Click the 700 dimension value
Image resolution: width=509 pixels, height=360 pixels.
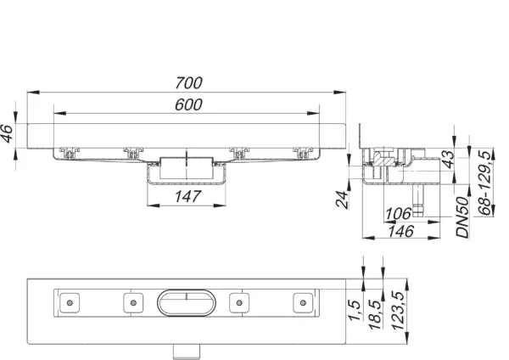coord(188,83)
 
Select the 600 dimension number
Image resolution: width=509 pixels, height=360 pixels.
coord(188,104)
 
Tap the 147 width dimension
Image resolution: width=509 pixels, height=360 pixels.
coord(188,196)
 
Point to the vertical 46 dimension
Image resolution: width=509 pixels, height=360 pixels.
coord(8,133)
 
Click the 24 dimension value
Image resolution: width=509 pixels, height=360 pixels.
coord(342,199)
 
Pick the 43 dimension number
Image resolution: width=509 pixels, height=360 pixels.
coord(448,159)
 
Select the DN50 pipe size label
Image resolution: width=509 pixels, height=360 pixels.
coord(462,217)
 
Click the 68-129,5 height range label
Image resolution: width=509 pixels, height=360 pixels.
coord(484,183)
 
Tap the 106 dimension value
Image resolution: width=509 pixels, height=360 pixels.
coord(398,214)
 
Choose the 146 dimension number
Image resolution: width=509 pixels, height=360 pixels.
coord(401,231)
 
